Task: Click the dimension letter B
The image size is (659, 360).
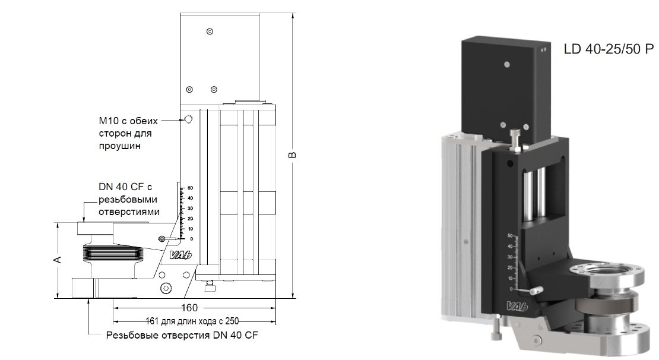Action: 292,155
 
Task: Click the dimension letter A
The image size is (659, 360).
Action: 57,260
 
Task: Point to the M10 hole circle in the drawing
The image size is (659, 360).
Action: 189,120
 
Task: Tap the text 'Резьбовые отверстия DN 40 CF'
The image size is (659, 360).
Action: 182,335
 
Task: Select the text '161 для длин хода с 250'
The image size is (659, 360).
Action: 197,321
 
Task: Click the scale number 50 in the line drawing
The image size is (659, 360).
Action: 190,188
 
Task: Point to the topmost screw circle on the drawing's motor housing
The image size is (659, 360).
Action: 210,31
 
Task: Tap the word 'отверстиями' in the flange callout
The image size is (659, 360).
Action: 129,212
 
